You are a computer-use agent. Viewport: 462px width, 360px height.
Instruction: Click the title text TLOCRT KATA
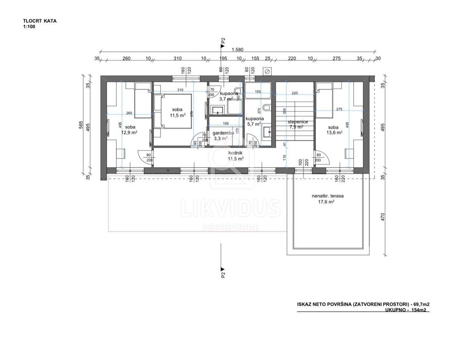[40, 21]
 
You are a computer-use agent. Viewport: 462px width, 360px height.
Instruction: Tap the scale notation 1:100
[29, 27]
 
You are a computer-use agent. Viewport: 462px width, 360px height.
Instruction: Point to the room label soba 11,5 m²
[177, 112]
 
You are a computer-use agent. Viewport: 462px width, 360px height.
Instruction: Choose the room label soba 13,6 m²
[333, 130]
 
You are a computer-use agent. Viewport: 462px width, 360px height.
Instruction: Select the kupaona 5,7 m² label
[254, 121]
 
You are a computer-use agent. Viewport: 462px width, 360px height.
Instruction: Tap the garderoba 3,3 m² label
[223, 136]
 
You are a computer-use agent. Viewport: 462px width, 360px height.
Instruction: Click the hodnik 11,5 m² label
[235, 156]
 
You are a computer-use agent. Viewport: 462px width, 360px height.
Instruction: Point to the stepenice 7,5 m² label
[295, 124]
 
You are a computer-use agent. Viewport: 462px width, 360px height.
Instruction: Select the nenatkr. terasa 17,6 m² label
[328, 198]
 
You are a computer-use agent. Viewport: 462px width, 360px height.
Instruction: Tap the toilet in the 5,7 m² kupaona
[267, 107]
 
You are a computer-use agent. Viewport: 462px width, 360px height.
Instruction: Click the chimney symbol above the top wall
[267, 72]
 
